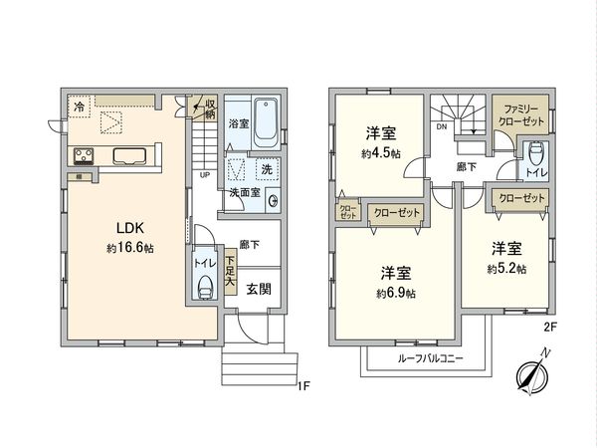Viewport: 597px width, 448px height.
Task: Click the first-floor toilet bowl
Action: point(206,286)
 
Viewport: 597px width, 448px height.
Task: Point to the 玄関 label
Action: point(258,289)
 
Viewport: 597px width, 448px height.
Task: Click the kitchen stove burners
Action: point(83,155)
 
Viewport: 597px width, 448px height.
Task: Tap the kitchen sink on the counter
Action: point(134,155)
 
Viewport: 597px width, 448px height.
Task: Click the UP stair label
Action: point(204,177)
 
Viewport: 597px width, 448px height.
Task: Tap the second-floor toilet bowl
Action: point(535,152)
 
